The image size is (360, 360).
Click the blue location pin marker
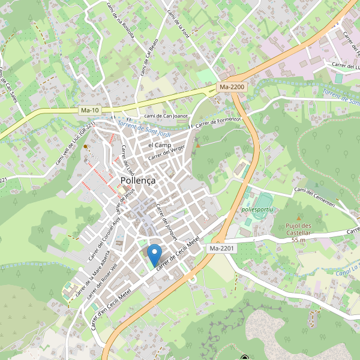pos(154,254)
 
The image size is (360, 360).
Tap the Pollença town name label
pos(138,181)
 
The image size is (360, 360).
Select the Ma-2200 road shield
pos(232,88)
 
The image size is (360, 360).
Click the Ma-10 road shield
pos(89,110)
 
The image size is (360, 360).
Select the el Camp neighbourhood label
pos(160,145)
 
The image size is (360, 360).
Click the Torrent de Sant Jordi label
pos(144,128)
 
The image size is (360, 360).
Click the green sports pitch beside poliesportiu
pos(264,198)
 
